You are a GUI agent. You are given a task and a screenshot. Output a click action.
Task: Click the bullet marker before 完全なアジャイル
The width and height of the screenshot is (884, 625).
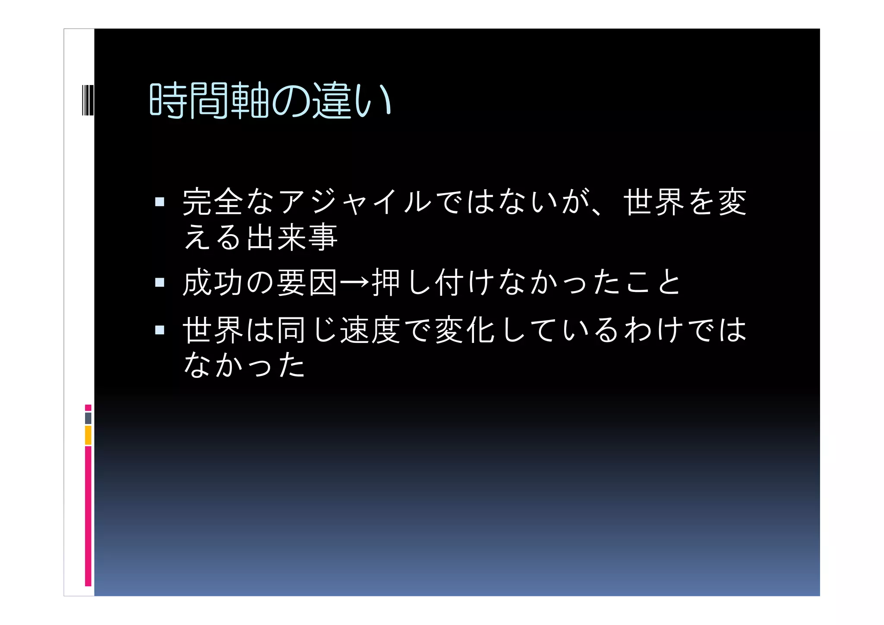[x=160, y=202]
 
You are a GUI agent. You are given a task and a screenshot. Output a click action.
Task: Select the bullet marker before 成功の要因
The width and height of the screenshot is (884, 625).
[x=160, y=282]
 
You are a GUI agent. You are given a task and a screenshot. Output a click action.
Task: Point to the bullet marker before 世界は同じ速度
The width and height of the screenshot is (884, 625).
[x=160, y=330]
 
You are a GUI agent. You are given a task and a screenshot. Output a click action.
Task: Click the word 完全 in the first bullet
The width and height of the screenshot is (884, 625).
[x=213, y=202]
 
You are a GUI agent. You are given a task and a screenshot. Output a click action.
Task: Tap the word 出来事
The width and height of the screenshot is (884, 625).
[x=292, y=238]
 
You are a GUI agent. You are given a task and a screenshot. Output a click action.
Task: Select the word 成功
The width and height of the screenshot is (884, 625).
[x=213, y=282]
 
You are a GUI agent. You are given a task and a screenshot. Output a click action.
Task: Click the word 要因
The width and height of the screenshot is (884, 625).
[x=307, y=282]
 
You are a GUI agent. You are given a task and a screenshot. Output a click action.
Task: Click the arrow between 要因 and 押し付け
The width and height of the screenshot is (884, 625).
[x=355, y=282]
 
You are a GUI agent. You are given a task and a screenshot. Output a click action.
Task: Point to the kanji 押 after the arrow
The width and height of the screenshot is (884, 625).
[x=386, y=282]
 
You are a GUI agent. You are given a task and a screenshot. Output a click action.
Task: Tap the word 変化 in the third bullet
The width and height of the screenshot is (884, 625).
[x=464, y=330]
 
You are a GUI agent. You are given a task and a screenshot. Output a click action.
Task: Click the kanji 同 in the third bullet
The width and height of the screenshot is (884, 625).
[x=292, y=330]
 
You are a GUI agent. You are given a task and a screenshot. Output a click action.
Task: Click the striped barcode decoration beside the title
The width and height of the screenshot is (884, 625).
[x=88, y=100]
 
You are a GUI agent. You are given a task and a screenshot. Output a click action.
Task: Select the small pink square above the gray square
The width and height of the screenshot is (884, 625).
[x=88, y=407]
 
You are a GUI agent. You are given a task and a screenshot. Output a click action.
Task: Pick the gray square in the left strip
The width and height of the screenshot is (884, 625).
[x=88, y=418]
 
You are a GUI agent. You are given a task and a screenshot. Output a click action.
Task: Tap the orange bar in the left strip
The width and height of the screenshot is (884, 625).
[x=88, y=435]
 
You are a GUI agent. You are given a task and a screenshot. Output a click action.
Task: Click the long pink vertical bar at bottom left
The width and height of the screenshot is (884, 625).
[x=88, y=516]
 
